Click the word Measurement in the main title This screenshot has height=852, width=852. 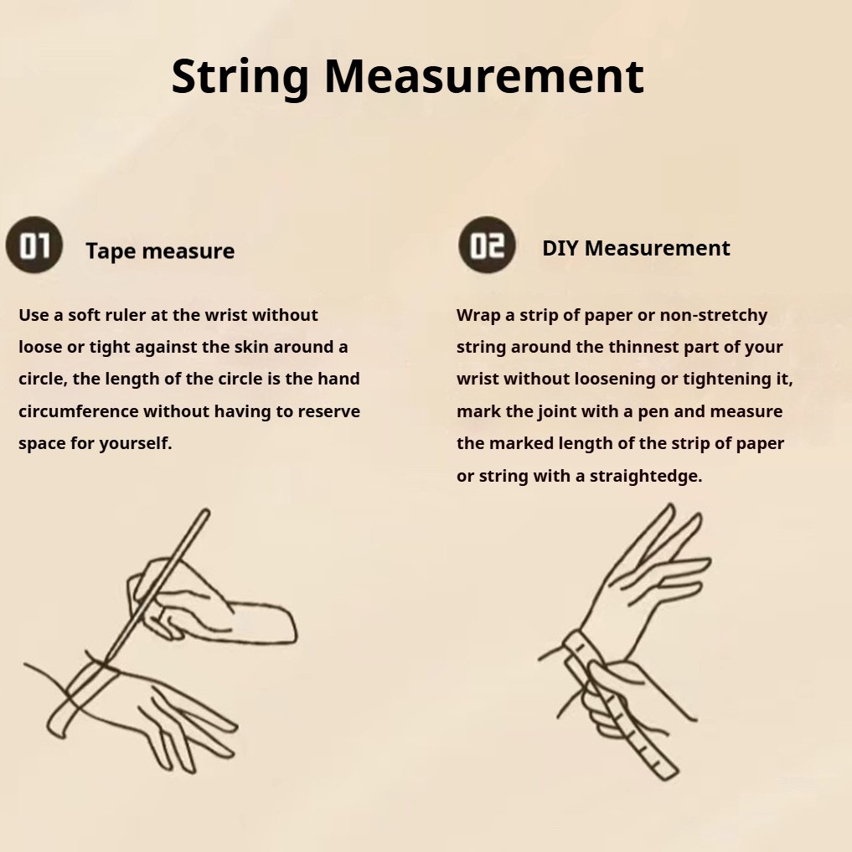point(484,76)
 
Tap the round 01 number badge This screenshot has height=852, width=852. point(34,245)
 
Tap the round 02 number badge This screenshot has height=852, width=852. point(487,245)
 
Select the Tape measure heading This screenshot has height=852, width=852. point(160,251)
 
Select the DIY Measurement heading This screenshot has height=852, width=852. point(636,248)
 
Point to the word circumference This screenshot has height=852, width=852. point(78,411)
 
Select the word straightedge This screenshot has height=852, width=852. point(646,477)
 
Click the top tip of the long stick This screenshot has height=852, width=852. point(206,511)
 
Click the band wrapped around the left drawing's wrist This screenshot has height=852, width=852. point(81,695)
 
